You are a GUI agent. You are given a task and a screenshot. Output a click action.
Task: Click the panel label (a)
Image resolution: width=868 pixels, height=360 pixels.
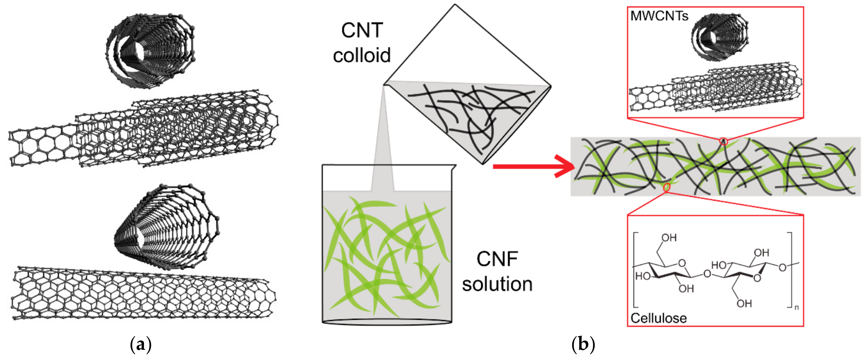click(141, 345)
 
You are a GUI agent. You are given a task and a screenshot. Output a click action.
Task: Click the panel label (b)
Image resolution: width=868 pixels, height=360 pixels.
click(583, 345)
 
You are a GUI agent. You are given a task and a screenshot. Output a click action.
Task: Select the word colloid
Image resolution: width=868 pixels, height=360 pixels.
click(362, 55)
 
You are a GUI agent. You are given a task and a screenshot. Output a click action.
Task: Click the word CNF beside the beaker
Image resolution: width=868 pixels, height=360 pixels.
click(497, 259)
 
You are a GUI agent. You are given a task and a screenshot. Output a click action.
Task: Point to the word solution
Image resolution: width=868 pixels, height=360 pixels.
click(497, 284)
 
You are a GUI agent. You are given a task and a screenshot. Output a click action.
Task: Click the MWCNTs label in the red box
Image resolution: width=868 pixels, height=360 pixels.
click(659, 16)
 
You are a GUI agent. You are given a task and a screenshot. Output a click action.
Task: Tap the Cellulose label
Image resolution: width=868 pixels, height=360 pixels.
click(658, 318)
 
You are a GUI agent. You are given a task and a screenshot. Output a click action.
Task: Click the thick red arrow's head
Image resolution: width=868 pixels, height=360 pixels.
click(566, 166)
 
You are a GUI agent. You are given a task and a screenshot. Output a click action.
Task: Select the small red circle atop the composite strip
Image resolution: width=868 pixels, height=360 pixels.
click(723, 141)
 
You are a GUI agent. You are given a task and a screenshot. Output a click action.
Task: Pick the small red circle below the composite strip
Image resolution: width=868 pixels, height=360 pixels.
click(666, 187)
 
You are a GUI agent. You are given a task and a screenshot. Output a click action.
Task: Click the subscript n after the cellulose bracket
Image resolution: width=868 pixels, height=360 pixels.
click(796, 307)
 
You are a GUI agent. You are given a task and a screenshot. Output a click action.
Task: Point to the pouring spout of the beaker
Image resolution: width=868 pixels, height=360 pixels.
click(454, 166)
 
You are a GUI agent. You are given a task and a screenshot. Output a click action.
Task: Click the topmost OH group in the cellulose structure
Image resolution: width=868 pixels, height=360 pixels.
click(669, 238)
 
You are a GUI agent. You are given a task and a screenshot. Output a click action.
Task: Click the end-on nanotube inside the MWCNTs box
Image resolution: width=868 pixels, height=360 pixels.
click(719, 37)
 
